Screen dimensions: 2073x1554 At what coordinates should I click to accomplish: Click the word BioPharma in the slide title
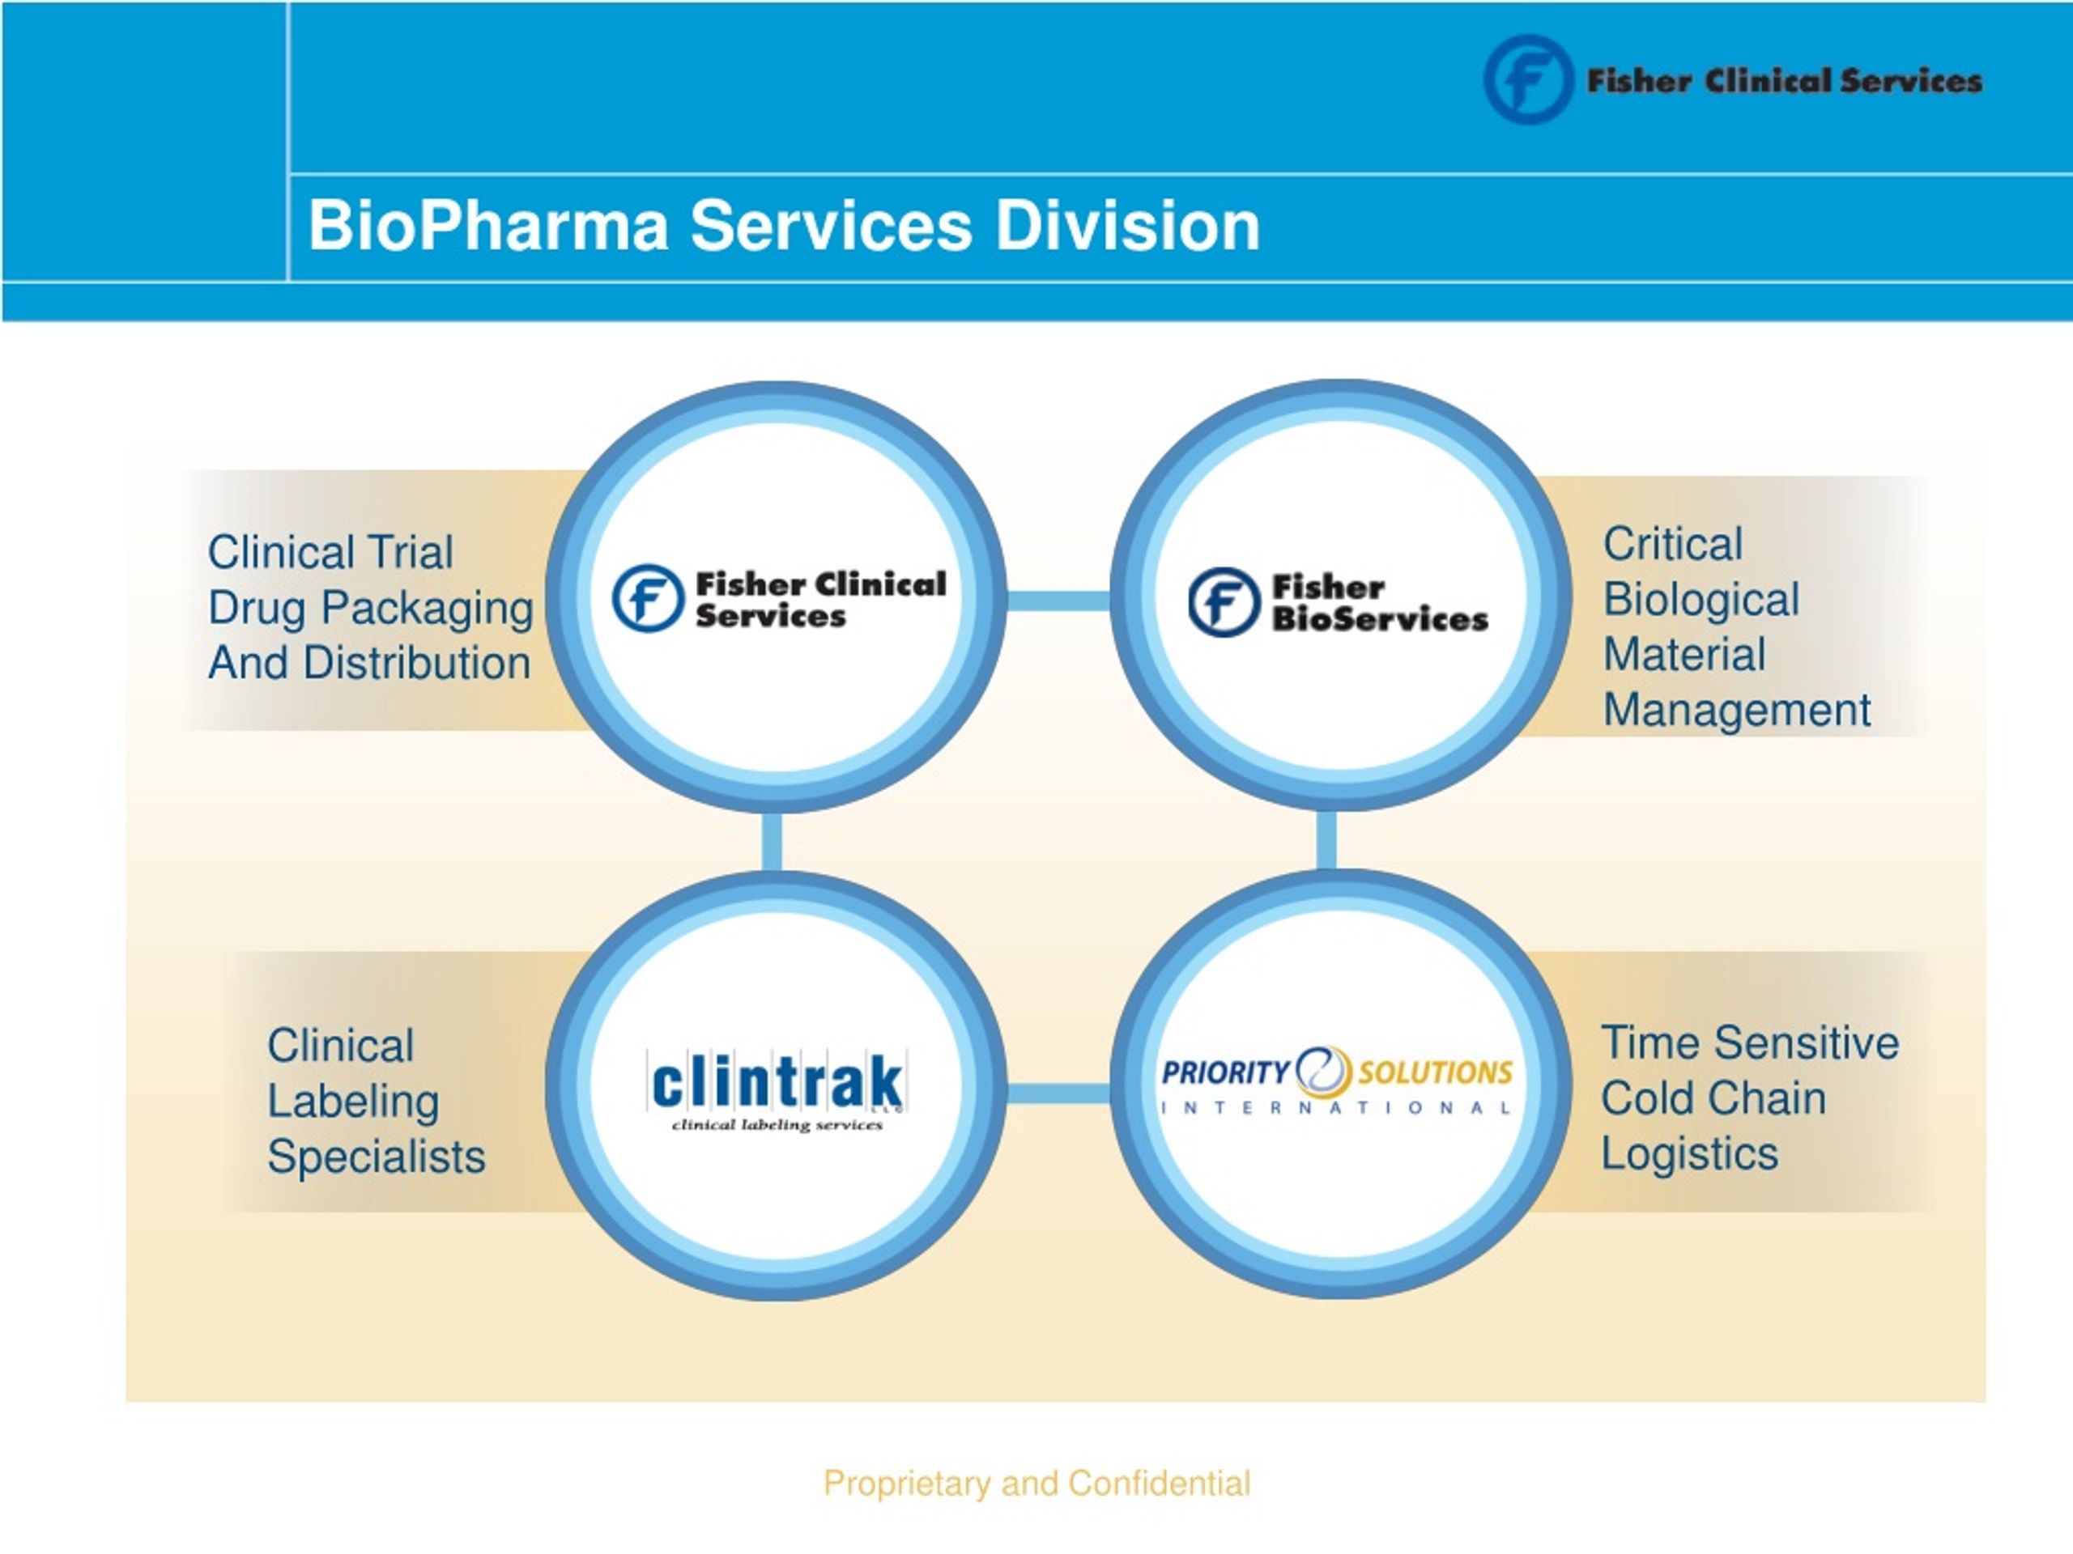click(488, 226)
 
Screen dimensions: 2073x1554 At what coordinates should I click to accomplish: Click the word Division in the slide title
click(1127, 226)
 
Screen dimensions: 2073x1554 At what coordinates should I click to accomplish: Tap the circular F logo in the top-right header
click(1527, 79)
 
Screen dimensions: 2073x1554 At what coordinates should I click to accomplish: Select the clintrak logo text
click(777, 1084)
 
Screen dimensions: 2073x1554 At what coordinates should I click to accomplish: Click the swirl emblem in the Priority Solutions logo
click(1323, 1071)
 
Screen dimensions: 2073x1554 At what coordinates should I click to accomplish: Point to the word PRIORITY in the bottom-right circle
click(1226, 1072)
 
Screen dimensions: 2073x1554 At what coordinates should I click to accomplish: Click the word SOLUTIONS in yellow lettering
click(1435, 1072)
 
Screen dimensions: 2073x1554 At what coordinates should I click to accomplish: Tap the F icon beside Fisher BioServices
click(1224, 601)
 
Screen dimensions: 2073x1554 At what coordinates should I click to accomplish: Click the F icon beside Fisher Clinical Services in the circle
click(648, 597)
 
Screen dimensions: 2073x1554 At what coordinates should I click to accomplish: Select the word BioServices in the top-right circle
click(1380, 619)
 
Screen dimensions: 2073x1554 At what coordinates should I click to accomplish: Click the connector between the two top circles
click(1058, 601)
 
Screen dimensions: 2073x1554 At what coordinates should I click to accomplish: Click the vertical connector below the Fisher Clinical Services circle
click(773, 841)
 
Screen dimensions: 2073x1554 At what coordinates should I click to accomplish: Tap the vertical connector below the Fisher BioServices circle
click(1327, 840)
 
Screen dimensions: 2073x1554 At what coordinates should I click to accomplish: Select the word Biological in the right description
click(1701, 601)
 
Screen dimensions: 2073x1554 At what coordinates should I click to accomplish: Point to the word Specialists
click(377, 1157)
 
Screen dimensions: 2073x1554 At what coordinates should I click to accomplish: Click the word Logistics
click(1688, 1154)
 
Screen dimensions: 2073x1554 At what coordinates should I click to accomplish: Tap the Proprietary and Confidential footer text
click(1036, 1483)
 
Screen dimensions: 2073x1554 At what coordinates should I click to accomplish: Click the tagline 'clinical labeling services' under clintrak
click(777, 1125)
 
